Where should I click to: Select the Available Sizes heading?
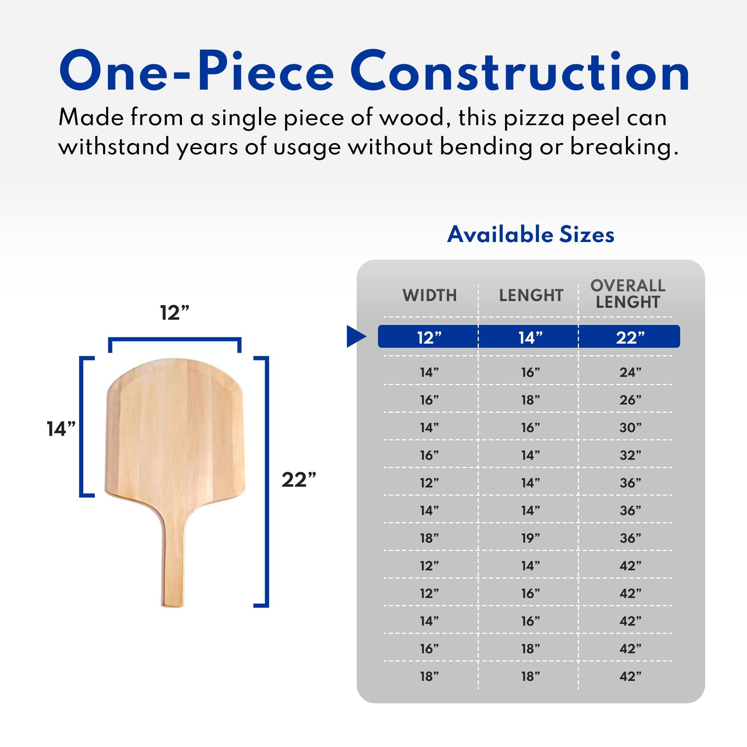tap(530, 235)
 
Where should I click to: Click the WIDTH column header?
tap(430, 295)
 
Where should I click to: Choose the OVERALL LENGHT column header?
tap(627, 294)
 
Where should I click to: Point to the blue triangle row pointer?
tap(355, 337)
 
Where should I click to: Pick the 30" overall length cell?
tap(630, 428)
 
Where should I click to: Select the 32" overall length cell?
tap(630, 455)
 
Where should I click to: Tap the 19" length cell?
tap(530, 538)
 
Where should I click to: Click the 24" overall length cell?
tap(630, 372)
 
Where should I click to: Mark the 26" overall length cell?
tap(630, 400)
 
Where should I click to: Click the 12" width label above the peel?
tap(175, 313)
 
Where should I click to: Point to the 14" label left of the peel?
tap(61, 429)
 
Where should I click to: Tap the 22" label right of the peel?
tap(298, 480)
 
